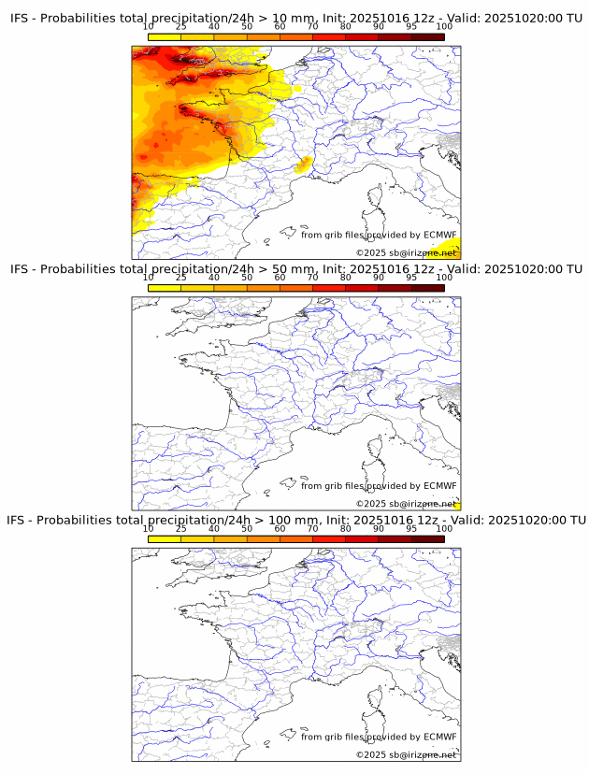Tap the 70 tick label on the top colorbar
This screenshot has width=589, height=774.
[312, 26]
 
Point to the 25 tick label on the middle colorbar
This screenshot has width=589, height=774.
[180, 278]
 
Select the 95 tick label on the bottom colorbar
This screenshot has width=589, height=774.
[411, 528]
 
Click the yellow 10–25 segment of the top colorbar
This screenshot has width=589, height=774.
[165, 36]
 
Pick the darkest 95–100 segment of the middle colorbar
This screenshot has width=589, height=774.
[428, 287]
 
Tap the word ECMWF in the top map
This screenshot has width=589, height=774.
[439, 235]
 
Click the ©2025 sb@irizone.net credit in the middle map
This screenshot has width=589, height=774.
[406, 504]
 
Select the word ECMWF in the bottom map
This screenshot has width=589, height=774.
[439, 737]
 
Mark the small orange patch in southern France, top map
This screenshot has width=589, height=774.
[303, 165]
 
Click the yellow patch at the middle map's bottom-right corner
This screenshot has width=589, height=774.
[455, 505]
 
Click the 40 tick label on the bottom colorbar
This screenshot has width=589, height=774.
[214, 528]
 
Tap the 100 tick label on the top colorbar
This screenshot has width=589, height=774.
[444, 26]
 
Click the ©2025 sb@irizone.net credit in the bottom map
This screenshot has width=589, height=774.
[406, 754]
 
